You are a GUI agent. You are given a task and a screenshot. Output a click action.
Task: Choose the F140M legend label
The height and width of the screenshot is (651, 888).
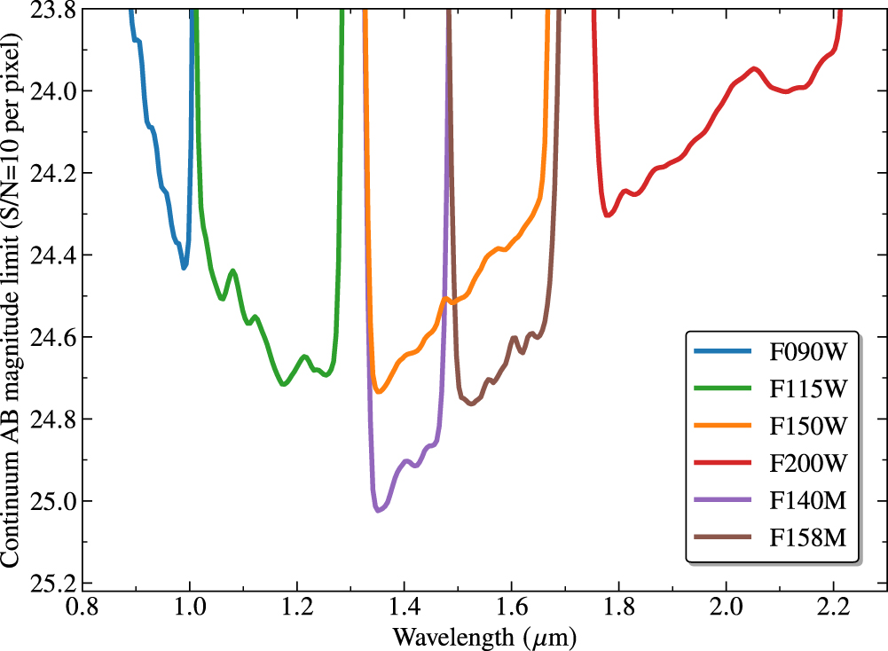point(805,500)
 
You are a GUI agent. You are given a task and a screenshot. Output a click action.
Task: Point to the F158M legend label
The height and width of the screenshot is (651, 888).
point(805,537)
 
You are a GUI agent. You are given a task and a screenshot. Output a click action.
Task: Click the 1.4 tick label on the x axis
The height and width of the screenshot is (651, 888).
point(405,611)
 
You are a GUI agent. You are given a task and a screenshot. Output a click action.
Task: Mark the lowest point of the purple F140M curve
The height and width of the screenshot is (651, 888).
point(378,511)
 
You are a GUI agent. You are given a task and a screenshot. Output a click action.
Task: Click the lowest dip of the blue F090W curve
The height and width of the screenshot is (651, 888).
point(184,267)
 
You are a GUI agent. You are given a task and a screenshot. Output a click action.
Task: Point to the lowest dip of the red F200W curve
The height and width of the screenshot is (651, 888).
point(607,216)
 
